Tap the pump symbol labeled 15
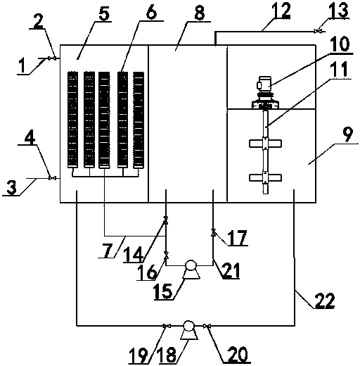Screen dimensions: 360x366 point(191,270)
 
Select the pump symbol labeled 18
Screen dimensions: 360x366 point(189,330)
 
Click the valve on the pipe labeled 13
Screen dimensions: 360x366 point(318,31)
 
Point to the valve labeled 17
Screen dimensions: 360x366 point(213,232)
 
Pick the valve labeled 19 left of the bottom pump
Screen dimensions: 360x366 point(167,326)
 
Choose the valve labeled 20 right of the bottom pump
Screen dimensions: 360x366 point(207,326)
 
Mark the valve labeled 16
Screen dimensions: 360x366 point(166,255)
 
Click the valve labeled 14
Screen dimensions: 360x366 point(166,220)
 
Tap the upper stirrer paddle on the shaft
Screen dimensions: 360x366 point(265,144)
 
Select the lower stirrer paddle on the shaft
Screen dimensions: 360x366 point(265,177)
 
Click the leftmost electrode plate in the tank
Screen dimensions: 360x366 point(72,120)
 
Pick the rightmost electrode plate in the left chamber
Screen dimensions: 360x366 point(139,120)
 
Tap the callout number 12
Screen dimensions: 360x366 point(281,11)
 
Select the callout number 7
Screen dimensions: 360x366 point(108,251)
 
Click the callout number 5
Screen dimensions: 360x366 point(104,13)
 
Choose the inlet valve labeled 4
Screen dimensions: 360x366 point(52,178)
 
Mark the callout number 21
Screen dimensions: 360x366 point(231,270)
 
